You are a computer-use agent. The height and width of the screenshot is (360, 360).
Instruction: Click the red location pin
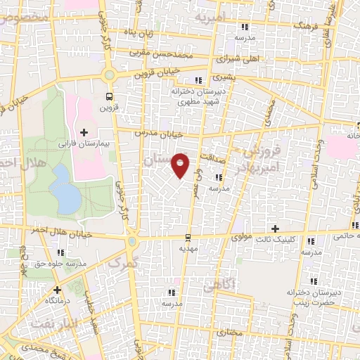181,165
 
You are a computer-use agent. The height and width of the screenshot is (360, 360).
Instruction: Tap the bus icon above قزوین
108,97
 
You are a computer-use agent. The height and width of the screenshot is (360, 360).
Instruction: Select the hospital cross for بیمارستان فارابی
84,131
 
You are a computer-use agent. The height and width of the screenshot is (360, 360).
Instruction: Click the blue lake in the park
65,188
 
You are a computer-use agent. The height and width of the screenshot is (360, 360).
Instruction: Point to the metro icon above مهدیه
187,238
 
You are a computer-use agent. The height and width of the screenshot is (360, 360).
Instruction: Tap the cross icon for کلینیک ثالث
276,229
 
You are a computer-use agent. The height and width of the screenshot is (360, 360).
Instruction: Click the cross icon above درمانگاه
57,289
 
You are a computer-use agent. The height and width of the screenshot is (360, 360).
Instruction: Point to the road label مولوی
243,237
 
